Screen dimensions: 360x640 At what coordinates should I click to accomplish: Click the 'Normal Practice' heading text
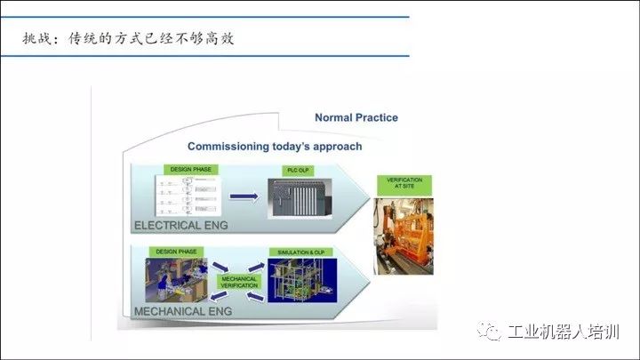coord(356,117)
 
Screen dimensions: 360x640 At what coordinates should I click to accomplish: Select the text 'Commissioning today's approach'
coord(275,146)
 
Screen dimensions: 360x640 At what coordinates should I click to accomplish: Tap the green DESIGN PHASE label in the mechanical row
coord(176,252)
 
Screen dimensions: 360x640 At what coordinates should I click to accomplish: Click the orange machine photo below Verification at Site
coord(405,236)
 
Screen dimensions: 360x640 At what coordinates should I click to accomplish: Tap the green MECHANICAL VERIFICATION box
coord(239,283)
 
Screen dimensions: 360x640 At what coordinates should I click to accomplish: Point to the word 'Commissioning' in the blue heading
coord(228,146)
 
